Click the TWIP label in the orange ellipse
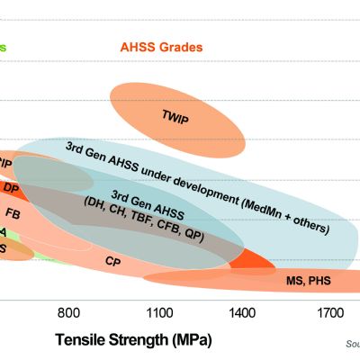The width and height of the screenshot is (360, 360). [176, 115]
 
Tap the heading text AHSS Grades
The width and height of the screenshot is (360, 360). [161, 47]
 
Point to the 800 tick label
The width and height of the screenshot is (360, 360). [71, 313]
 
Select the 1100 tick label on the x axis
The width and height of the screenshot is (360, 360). [158, 313]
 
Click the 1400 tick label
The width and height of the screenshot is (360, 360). [242, 313]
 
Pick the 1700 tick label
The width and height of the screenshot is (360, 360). [328, 313]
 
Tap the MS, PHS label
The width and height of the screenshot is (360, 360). [308, 281]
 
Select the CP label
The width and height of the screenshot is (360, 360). [113, 261]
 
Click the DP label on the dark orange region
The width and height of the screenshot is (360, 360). [12, 188]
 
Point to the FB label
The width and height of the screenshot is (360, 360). [13, 213]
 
